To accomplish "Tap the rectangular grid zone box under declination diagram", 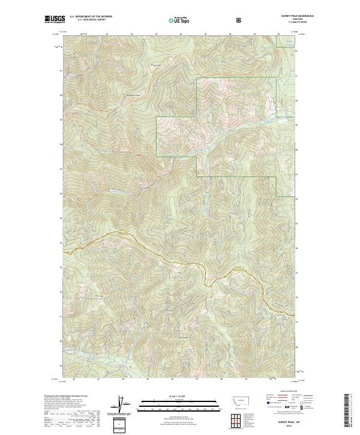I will (119, 424).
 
